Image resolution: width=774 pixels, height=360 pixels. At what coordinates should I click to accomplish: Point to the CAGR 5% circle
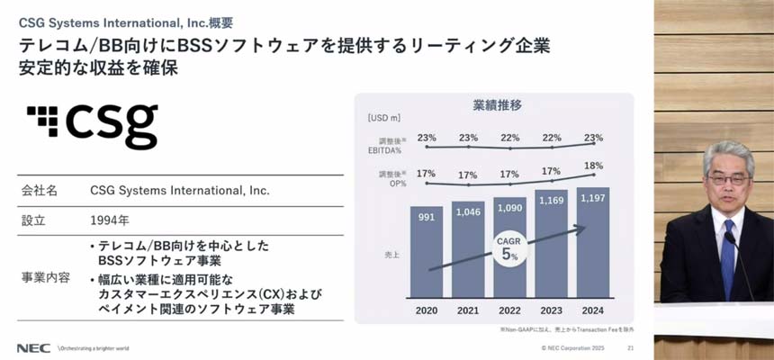point(508,249)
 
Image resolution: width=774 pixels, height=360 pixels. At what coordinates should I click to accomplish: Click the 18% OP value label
point(593,166)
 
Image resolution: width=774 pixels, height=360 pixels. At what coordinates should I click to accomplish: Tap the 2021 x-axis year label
point(468,310)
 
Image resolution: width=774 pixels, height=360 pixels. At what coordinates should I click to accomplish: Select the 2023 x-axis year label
point(551,310)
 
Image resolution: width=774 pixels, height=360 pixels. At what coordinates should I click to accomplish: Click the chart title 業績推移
point(497,104)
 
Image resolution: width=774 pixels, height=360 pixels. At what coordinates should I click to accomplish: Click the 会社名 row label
point(40,191)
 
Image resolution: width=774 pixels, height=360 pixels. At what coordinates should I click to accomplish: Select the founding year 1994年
point(110,220)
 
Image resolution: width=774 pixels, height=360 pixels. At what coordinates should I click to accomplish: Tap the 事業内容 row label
point(45,277)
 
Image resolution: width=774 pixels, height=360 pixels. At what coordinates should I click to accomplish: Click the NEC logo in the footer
point(33,347)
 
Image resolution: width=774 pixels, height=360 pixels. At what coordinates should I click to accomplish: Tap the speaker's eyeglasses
point(728,179)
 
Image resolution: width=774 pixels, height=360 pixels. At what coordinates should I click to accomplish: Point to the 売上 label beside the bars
point(391,255)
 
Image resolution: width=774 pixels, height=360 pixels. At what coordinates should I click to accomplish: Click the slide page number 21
point(630,347)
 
